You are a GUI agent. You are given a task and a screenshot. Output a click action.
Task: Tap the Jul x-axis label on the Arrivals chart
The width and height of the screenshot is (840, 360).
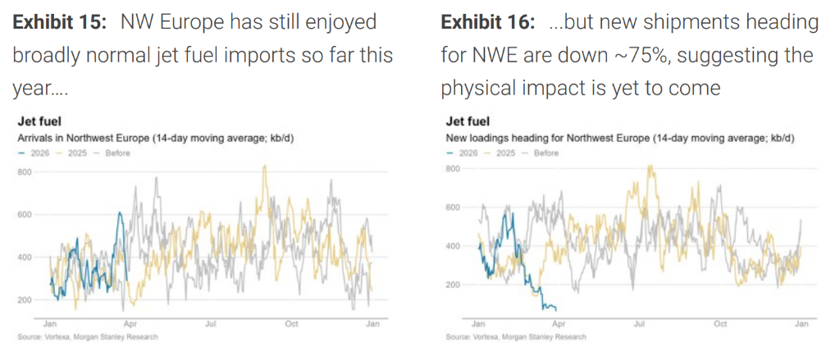tap(210, 324)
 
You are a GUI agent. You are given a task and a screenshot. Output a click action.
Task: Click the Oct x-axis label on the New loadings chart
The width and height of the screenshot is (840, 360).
tap(720, 324)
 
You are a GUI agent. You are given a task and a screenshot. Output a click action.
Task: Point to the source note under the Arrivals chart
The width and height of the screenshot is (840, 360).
tap(86, 337)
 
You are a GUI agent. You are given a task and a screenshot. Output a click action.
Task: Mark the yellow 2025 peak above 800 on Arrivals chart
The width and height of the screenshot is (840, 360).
tap(263, 166)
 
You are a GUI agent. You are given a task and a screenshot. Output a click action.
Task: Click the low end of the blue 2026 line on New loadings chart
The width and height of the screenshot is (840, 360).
tap(555, 308)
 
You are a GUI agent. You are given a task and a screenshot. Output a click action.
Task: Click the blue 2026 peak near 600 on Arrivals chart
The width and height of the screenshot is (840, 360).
tap(120, 213)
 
